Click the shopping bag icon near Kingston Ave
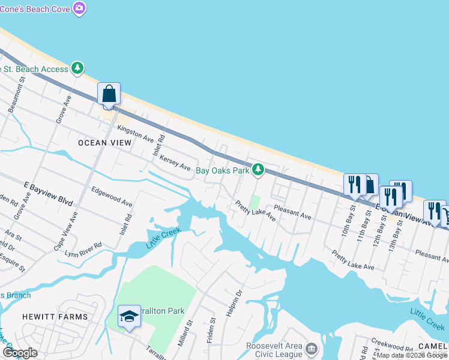[x=109, y=95]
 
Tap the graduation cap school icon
[x=128, y=316]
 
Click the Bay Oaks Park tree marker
[x=258, y=170]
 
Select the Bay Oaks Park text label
[x=223, y=170]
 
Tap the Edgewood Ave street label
[x=112, y=196]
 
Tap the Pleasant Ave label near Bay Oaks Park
[x=292, y=212]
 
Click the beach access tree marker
[x=77, y=68]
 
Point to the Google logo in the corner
[x=20, y=352]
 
